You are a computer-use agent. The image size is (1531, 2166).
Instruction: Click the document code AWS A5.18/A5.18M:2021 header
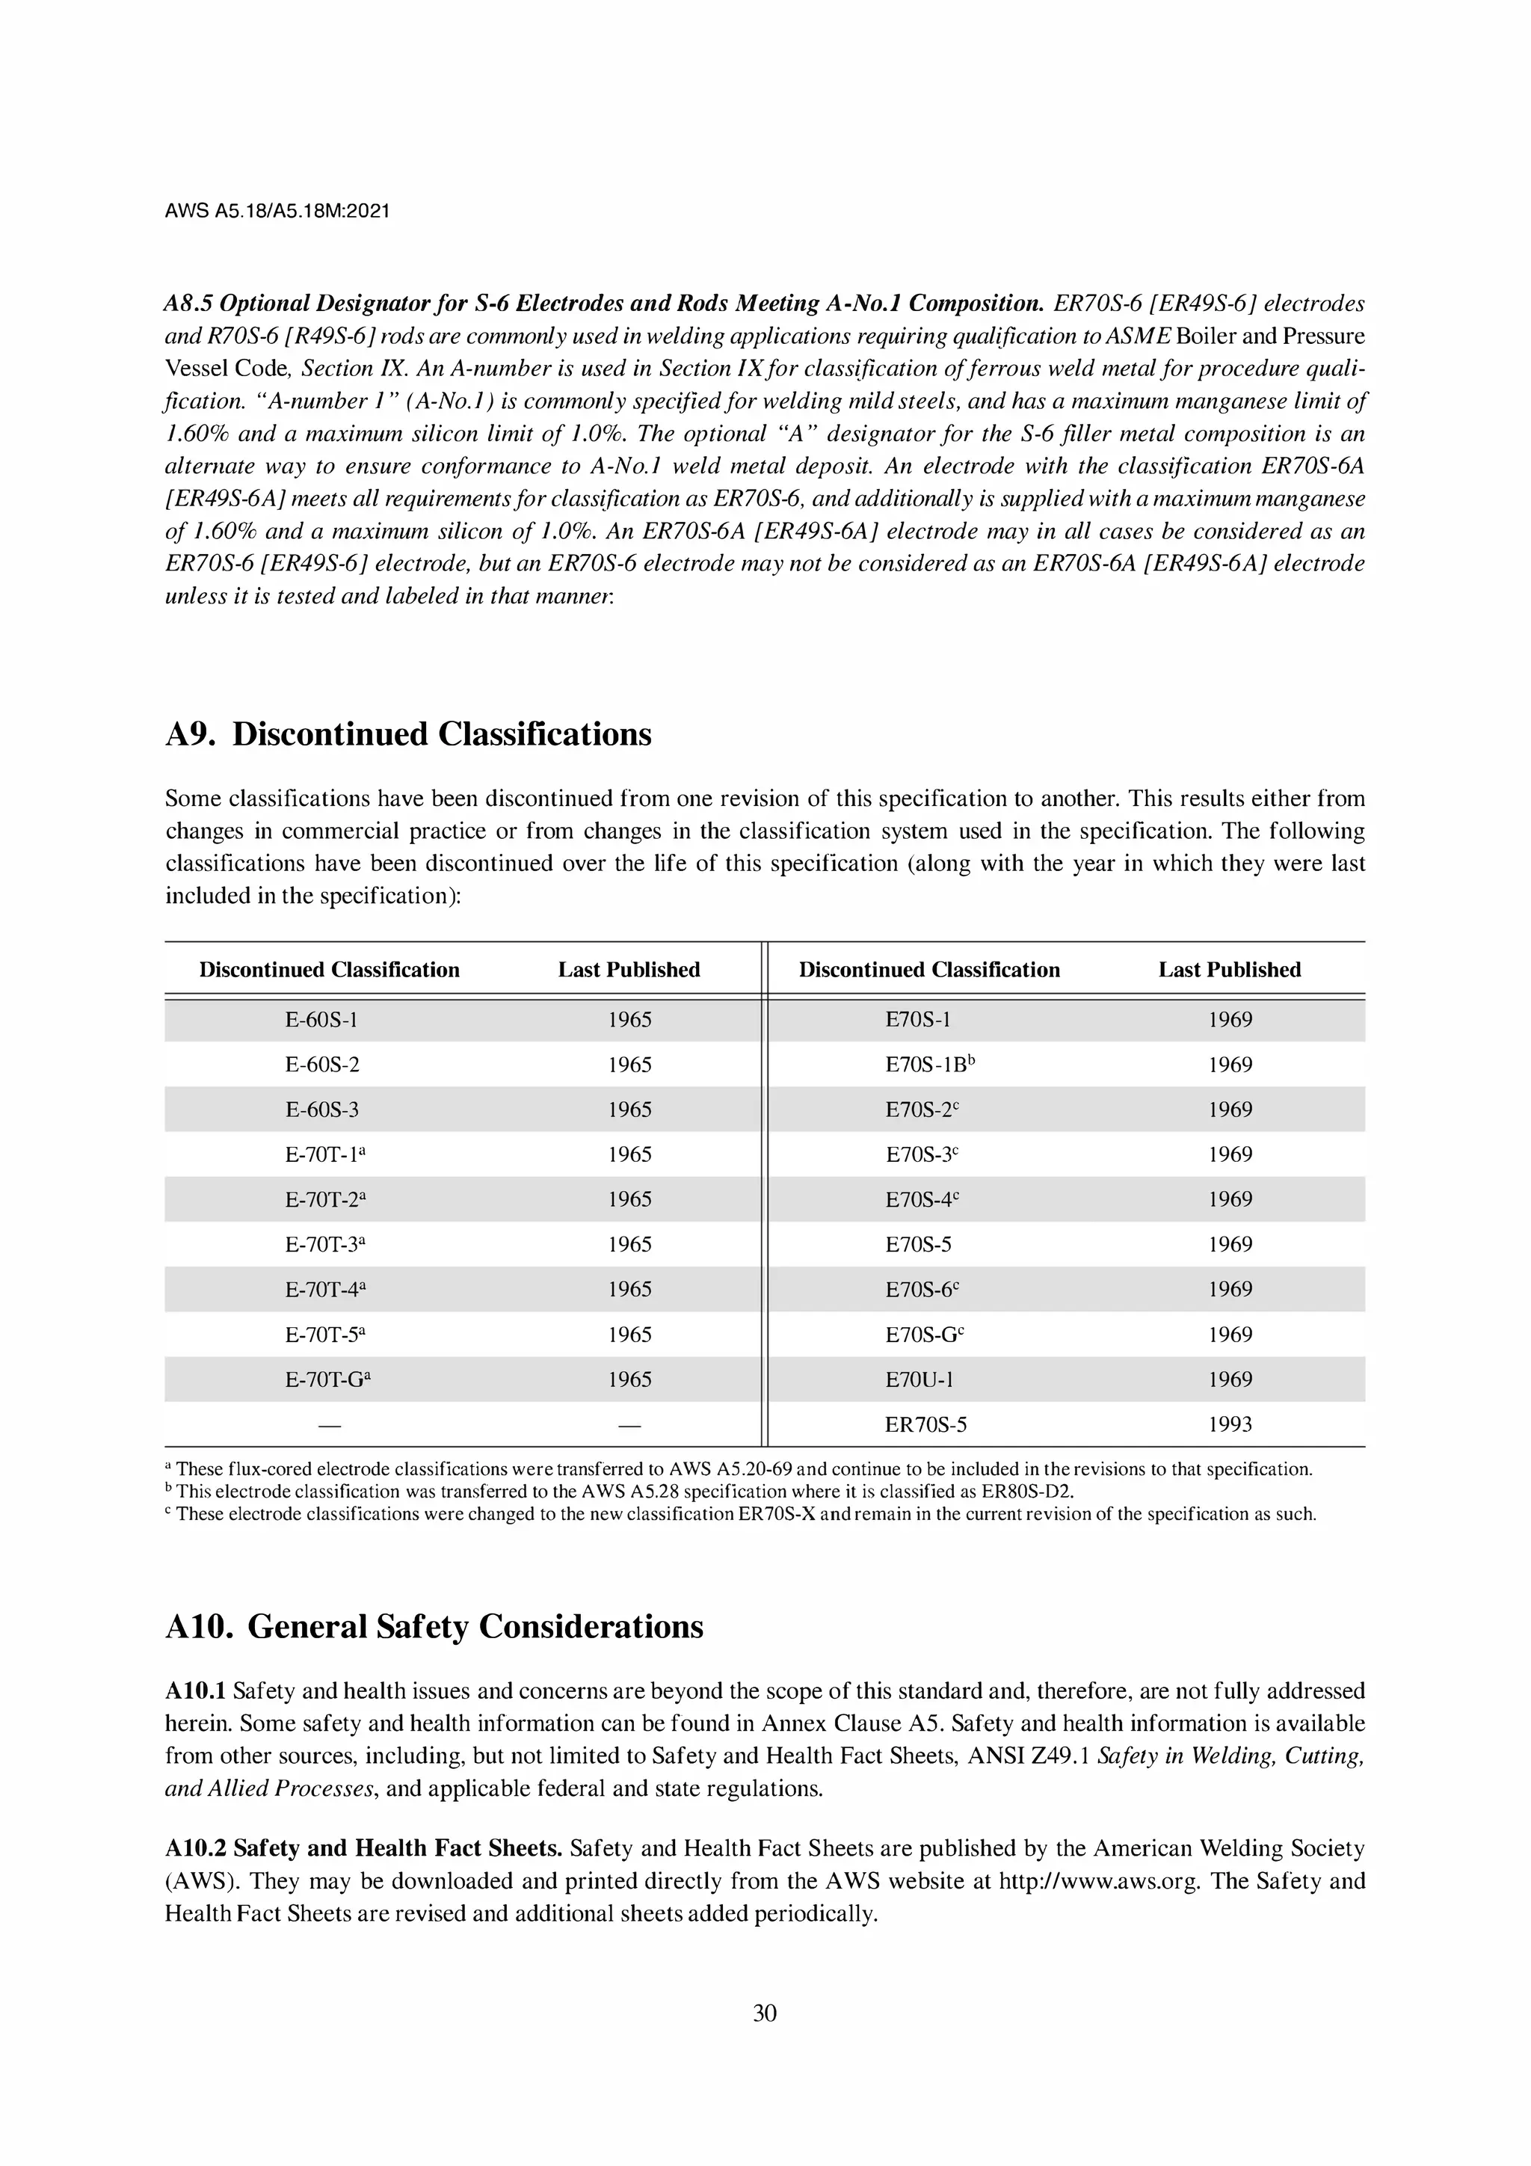pos(277,212)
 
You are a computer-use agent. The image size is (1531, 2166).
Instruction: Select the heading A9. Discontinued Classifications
pos(407,734)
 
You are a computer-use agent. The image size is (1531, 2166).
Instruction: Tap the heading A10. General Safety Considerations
pos(434,1626)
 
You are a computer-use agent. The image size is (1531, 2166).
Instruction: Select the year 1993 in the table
pos(1229,1424)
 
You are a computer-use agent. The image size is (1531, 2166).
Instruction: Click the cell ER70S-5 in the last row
pos(925,1424)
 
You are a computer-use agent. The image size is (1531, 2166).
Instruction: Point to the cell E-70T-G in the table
pos(327,1379)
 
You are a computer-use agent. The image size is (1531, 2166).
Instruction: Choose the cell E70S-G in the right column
pos(923,1335)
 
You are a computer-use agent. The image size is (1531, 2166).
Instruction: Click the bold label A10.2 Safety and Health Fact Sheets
pos(363,1848)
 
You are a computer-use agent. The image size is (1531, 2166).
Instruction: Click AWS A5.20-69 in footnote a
pos(735,1469)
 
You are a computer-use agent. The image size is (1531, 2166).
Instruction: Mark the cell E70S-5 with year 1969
pos(918,1244)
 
